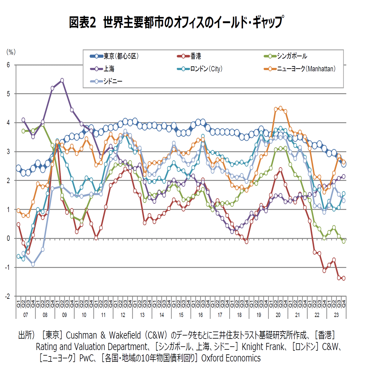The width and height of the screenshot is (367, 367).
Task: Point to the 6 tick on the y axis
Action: click(8, 65)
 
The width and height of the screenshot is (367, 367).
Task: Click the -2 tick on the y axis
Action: click(7, 296)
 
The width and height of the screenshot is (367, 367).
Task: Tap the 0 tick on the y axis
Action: click(8, 239)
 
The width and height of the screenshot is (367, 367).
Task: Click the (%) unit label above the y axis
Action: click(11, 52)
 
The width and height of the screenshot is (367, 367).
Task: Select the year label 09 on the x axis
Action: click(65, 315)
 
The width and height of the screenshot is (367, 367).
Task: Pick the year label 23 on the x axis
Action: click(336, 315)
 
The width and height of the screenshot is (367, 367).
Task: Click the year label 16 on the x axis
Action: click(200, 315)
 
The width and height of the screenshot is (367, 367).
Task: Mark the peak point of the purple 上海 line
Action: click(62, 80)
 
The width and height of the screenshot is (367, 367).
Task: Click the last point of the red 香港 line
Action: click(344, 278)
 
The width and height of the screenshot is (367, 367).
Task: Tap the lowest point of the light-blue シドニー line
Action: click(33, 264)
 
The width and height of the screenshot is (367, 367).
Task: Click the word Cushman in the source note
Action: click(81, 335)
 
